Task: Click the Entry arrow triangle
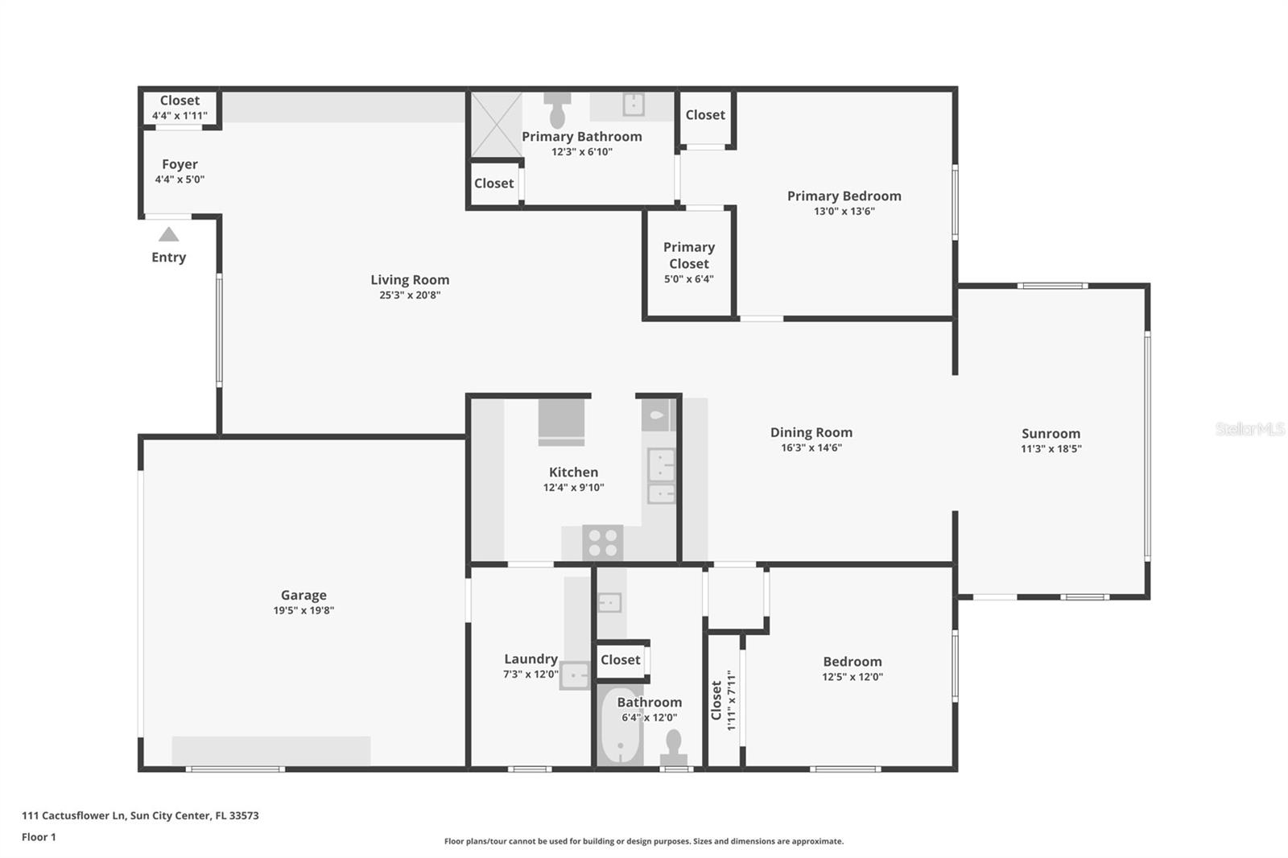coord(168,234)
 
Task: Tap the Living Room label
coord(410,279)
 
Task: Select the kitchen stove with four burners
coord(602,542)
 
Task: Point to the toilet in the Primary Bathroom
coord(557,109)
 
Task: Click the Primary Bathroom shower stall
coord(495,125)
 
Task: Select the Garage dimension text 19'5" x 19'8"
coord(303,610)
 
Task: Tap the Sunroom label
coord(1051,433)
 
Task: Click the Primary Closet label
coord(688,255)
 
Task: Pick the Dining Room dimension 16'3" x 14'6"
coord(811,448)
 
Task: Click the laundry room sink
coord(575,674)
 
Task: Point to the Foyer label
coord(180,164)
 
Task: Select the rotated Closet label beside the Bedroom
coord(716,699)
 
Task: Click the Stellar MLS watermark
coord(1249,429)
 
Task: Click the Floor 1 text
coord(39,837)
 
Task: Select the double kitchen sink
coord(661,476)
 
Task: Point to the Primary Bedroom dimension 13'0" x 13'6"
coord(844,211)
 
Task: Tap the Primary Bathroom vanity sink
coord(634,105)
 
